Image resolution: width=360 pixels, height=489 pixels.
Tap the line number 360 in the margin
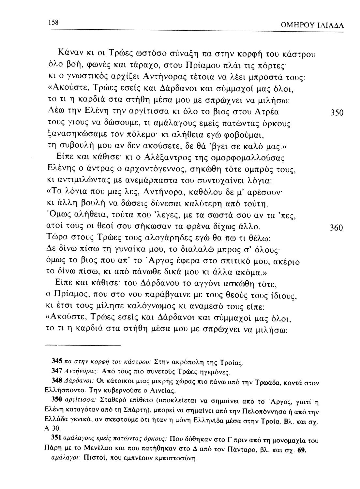tap(337, 228)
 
